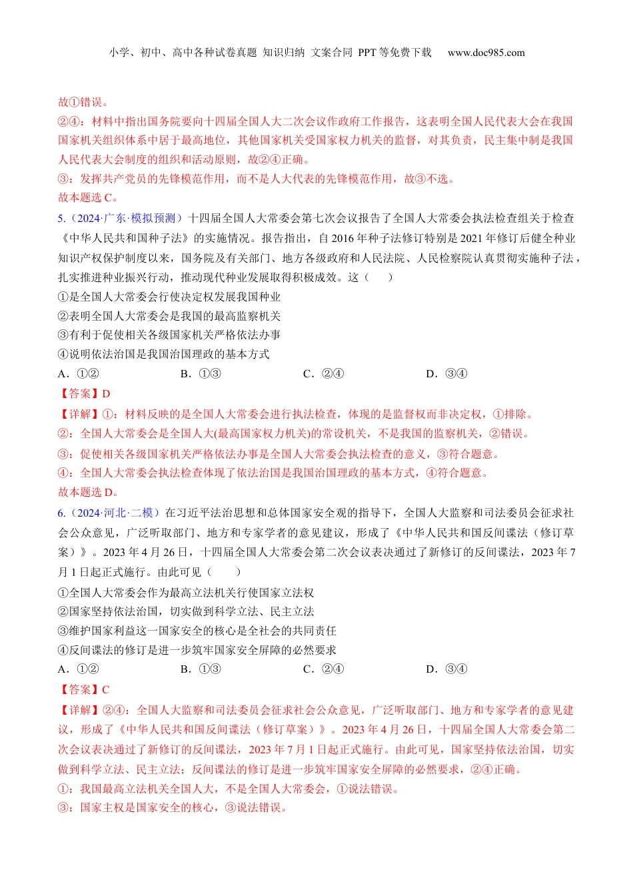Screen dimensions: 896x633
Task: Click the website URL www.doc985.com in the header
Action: (x=486, y=53)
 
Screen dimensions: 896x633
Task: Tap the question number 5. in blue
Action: (x=61, y=218)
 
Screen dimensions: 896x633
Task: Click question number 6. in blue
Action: (x=61, y=513)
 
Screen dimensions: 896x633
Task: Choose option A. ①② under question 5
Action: (x=79, y=373)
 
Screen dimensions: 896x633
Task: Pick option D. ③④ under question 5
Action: (x=446, y=373)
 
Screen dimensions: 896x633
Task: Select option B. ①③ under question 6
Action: (x=201, y=669)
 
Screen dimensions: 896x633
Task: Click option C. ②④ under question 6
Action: (x=323, y=669)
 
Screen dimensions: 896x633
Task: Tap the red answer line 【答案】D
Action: (x=85, y=393)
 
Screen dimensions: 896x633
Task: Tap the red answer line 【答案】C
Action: (x=85, y=689)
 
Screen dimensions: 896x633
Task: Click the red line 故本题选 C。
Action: (x=88, y=197)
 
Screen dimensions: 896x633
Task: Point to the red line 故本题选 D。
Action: (x=88, y=492)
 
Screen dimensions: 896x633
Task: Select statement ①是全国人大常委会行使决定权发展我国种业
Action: (x=169, y=297)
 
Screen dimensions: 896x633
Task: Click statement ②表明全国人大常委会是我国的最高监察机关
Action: (x=169, y=316)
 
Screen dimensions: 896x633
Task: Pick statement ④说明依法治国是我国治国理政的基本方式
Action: (x=164, y=354)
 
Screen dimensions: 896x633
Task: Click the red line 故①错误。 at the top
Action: (x=83, y=102)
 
